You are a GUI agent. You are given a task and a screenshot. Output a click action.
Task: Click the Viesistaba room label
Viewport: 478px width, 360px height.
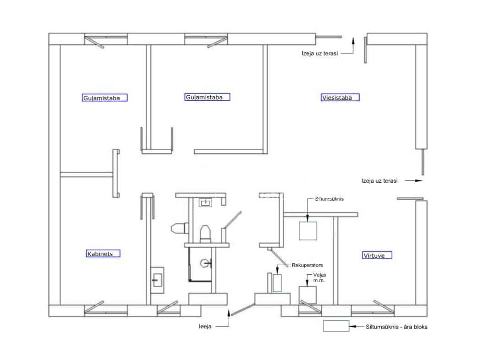coord(340,98)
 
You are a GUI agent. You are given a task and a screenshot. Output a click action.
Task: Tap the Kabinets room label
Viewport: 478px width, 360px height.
coord(103,253)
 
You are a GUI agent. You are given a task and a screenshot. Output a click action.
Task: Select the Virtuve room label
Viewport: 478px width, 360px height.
coord(377,255)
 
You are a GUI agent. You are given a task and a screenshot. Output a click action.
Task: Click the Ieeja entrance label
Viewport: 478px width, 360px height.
coord(205,327)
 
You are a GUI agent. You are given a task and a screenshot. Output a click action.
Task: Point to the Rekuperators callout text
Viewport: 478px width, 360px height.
coord(307,265)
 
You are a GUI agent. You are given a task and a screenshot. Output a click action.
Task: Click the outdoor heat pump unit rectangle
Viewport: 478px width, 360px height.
coord(336,326)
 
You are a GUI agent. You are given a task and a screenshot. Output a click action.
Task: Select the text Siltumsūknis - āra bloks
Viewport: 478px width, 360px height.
coord(396,327)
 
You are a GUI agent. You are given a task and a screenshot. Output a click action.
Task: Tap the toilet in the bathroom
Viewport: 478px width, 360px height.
coord(205,234)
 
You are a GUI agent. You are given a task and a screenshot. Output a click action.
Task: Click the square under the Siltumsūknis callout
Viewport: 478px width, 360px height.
coord(308,231)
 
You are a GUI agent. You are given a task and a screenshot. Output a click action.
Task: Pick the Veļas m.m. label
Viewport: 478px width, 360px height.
coord(319,278)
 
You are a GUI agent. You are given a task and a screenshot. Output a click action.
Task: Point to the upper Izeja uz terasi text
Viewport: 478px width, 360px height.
coord(320,53)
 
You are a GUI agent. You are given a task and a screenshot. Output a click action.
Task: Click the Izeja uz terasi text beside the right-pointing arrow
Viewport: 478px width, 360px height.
coord(379,180)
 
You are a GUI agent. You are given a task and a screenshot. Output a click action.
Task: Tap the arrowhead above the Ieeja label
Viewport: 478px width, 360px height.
coord(229,312)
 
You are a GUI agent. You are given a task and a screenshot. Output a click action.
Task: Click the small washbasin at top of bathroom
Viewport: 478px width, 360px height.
coord(205,202)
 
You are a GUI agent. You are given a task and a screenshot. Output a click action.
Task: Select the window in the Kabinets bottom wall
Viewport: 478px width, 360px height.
coord(106,310)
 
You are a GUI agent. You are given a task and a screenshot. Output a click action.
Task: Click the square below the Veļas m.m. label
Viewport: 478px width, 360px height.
coord(308,295)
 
